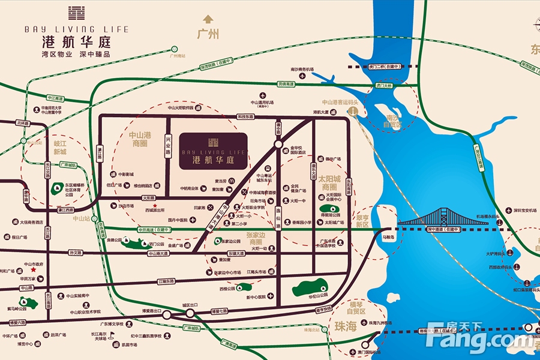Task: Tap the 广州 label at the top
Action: [208, 34]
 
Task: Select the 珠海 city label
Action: [346, 326]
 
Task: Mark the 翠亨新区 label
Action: [362, 220]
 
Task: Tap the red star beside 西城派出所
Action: [155, 205]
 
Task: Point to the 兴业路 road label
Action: [168, 146]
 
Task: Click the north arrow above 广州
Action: [208, 19]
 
